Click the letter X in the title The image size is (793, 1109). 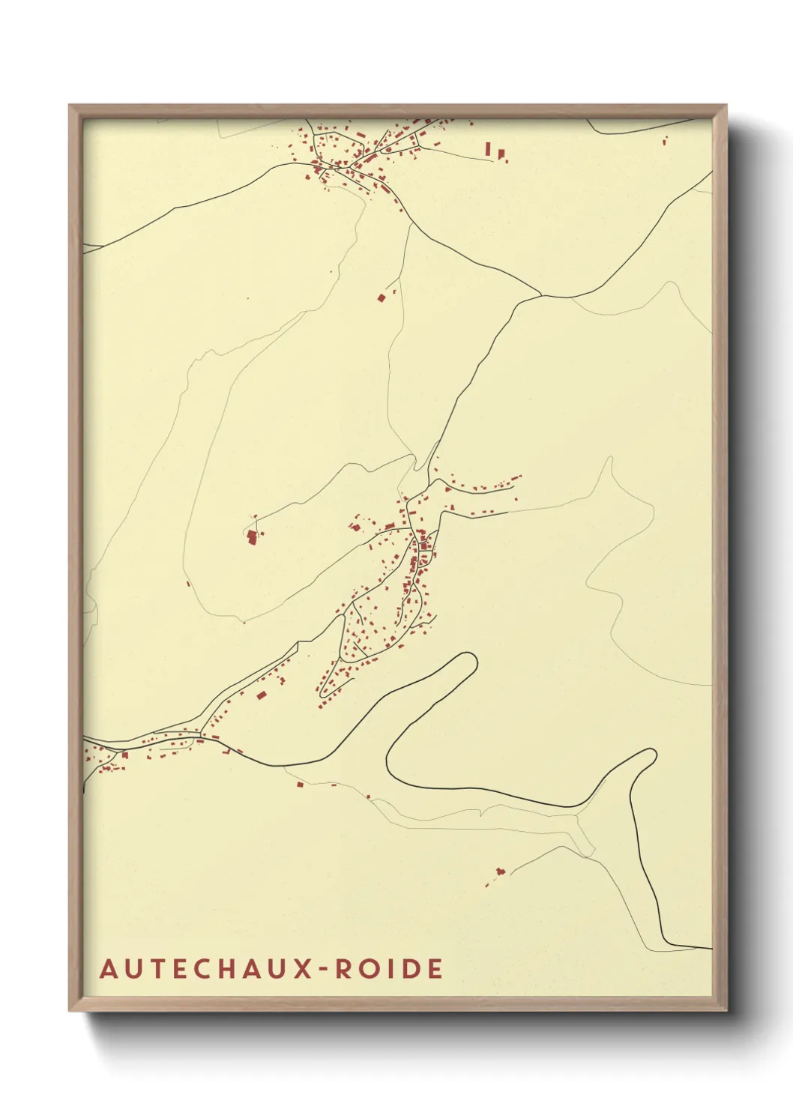click(x=300, y=969)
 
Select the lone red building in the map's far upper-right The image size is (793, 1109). click(x=665, y=139)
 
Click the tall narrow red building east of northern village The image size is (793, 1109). click(x=488, y=148)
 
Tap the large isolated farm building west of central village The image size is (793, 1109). click(x=252, y=537)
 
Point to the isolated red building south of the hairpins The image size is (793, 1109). click(x=500, y=871)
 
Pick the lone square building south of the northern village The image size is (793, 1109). click(x=381, y=297)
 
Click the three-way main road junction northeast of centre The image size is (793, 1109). click(x=540, y=296)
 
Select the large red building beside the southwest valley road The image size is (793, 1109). click(x=261, y=695)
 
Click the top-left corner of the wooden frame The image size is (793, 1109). click(x=70, y=106)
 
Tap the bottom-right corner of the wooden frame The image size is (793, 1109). click(x=726, y=1011)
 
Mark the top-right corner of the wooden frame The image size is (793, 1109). click(x=726, y=106)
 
